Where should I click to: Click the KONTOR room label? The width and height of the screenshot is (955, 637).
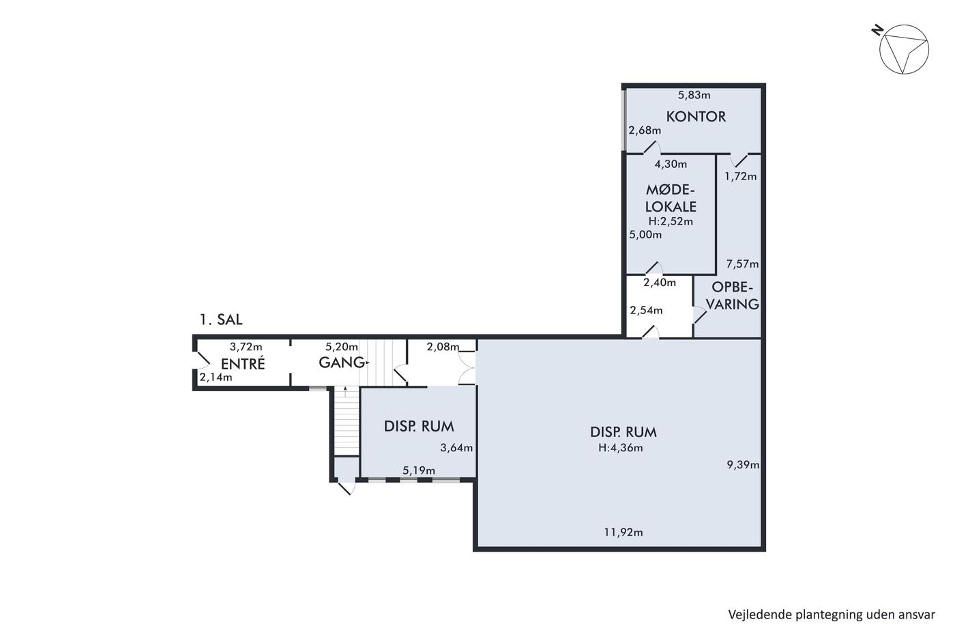point(696,117)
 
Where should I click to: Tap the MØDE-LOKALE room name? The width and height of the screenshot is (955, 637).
point(671,198)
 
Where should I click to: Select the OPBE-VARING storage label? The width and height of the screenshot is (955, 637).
point(733,295)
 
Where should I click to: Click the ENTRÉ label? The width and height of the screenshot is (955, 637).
point(243,363)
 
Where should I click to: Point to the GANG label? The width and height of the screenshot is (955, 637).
point(342,363)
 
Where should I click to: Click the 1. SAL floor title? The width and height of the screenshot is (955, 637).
point(221,320)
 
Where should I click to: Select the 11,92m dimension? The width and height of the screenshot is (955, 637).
point(623,533)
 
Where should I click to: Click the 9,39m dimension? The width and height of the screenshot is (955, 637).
point(743,465)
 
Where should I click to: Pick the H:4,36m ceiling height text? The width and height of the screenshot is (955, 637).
point(620,448)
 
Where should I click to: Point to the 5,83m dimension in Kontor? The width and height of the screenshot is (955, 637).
point(694,95)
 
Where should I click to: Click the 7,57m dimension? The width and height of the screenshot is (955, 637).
point(742,264)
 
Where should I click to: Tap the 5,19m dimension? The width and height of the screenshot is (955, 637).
point(419,470)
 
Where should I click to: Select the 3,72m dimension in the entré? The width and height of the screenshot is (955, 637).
point(246,347)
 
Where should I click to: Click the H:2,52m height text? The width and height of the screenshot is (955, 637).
point(671,221)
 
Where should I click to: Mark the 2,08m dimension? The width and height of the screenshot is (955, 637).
point(443,347)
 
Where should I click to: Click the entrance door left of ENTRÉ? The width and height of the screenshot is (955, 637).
point(201,360)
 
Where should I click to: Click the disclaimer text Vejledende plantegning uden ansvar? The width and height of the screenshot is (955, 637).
point(832,614)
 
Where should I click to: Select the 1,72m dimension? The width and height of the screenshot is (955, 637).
point(741,176)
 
